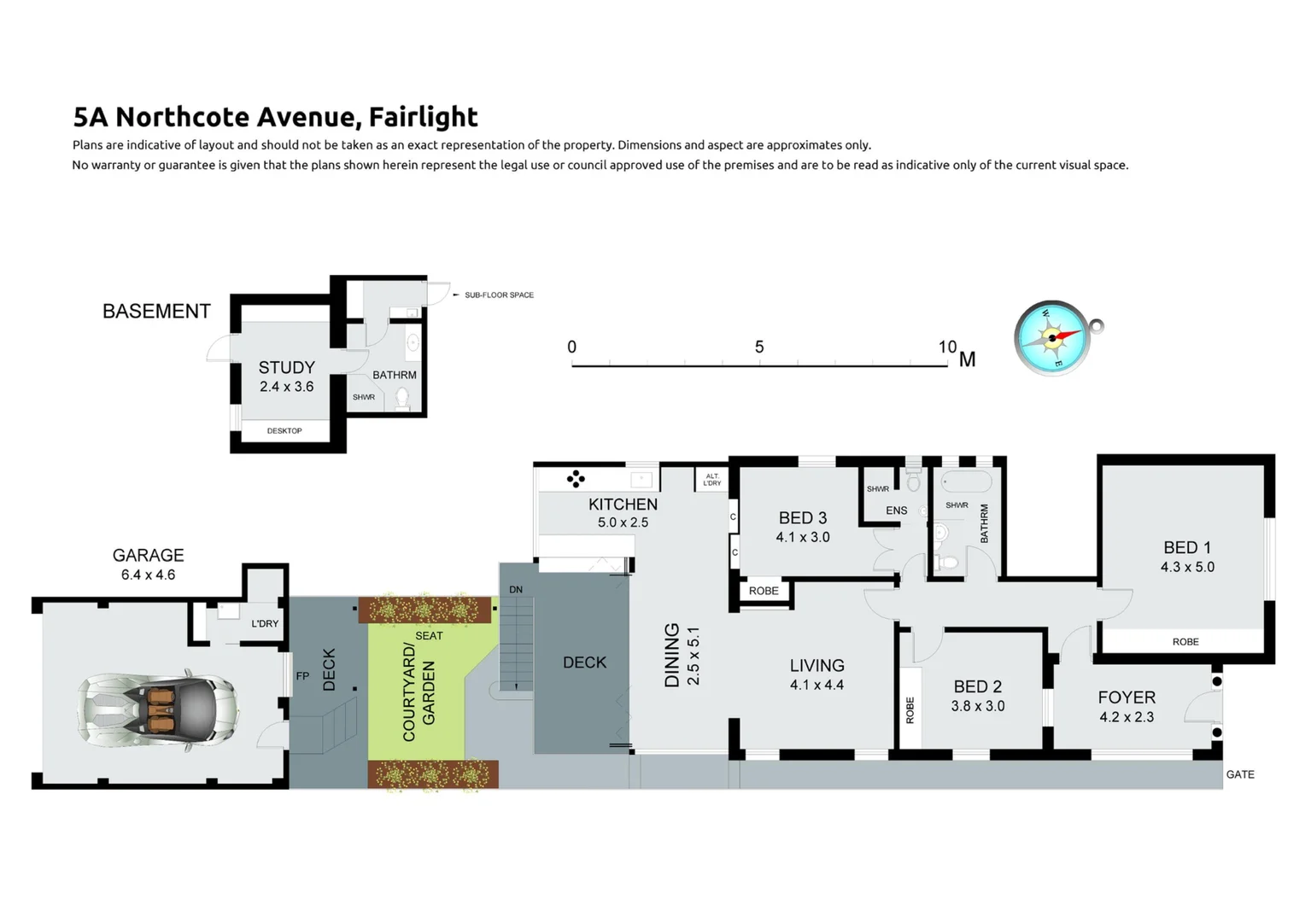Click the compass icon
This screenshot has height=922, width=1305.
pos(1052,338)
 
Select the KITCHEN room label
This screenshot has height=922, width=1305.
pos(623,505)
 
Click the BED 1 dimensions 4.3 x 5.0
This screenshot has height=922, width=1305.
pos(1186,567)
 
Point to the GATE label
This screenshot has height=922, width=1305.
pos(1239,774)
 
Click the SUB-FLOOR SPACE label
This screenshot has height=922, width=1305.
pos(499,295)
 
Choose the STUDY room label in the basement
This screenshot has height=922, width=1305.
pos(286,368)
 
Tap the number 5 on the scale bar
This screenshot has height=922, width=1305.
pos(759,347)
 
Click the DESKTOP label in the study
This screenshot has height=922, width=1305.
pos(284,431)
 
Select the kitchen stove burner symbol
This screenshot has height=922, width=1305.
pos(576,479)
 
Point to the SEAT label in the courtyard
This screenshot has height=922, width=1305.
pos(429,636)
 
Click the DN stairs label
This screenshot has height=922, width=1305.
pos(516,590)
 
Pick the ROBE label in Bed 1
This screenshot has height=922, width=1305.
pos(1185,642)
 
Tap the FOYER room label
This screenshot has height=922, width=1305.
pos(1126,697)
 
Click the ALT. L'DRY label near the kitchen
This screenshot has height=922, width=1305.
pos(711,480)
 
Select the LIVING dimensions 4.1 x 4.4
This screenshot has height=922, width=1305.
pos(816,685)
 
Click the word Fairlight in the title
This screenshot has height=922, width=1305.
pos(423,117)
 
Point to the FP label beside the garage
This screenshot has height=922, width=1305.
pos(302,676)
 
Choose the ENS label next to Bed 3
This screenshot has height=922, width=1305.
pos(896,511)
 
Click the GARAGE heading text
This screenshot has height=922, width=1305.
pos(148,556)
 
